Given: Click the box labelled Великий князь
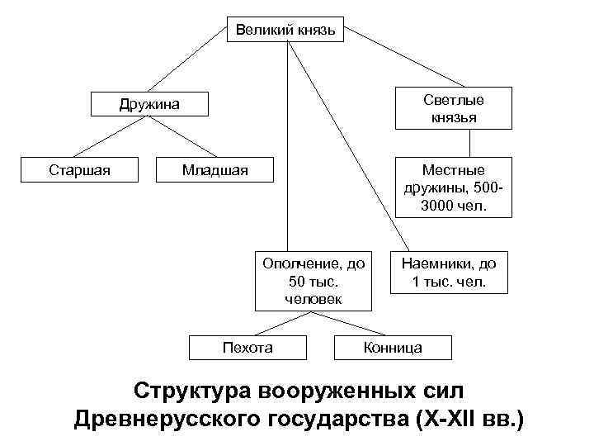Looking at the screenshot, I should tap(286, 30).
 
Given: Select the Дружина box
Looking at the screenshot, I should tap(148, 104).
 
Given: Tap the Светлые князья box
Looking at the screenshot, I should tap(453, 108).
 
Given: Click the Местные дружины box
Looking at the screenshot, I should tap(453, 187).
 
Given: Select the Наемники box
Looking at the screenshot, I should tap(449, 273).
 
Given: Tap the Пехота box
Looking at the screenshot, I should tap(247, 348).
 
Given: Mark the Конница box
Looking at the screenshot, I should tap(393, 348).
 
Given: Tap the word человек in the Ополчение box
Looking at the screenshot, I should tap(313, 298).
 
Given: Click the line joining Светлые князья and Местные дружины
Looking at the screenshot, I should tap(470, 143).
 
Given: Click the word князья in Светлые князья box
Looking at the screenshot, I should tap(453, 117).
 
